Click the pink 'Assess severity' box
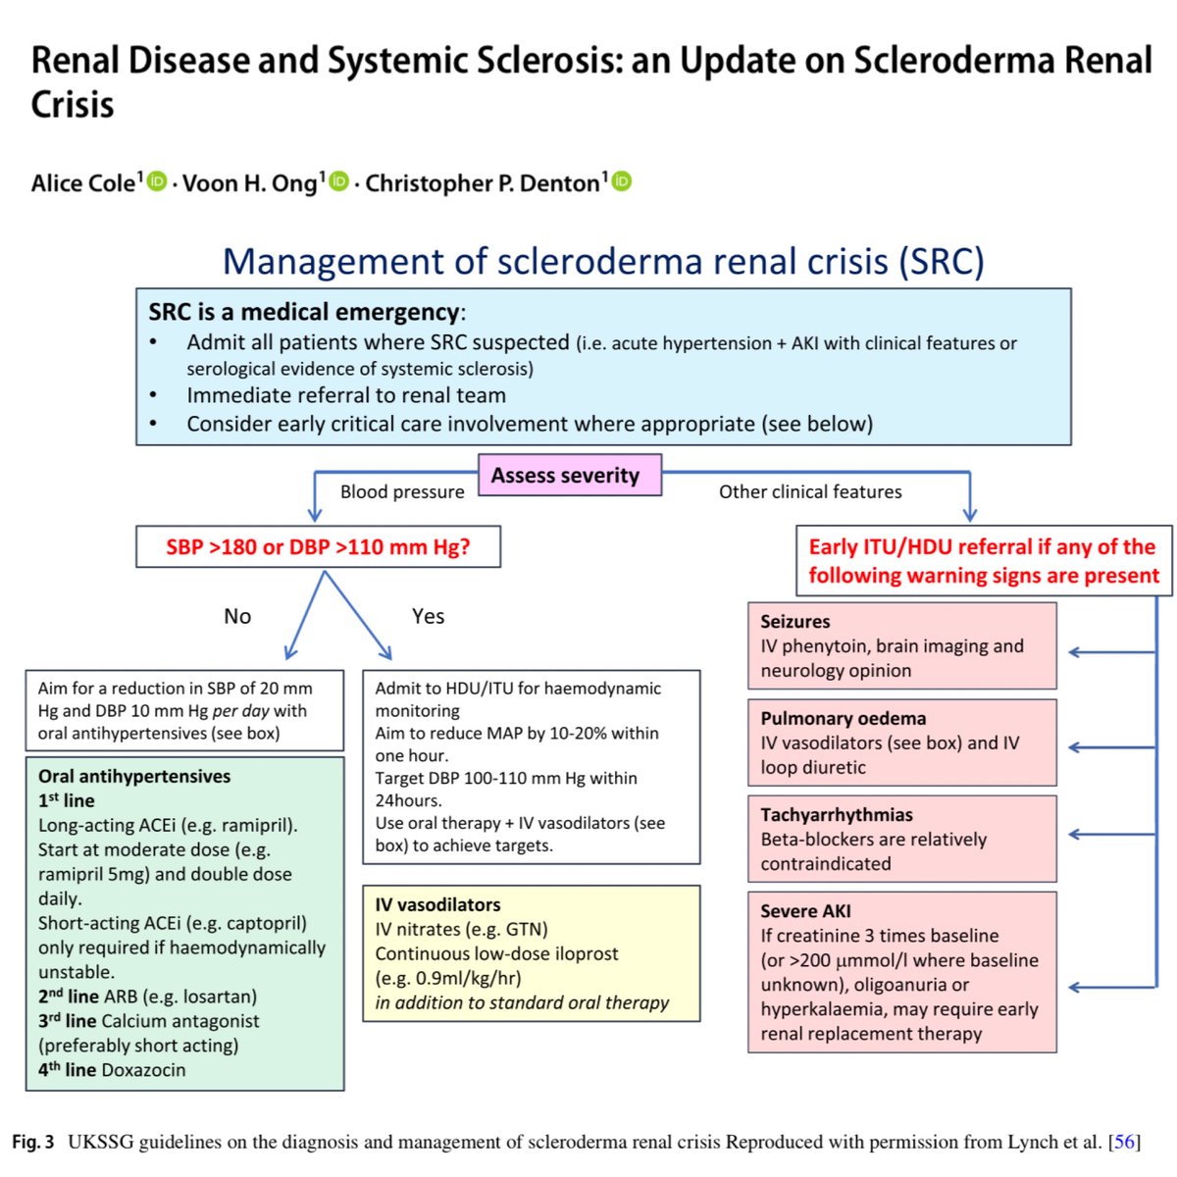point(569,476)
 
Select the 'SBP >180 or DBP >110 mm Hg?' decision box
point(318,547)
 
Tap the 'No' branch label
point(237,616)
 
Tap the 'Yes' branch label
point(428,616)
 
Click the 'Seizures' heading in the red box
point(794,621)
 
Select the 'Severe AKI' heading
point(805,910)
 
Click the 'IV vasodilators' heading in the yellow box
point(437,904)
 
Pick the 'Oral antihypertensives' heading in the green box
point(134,776)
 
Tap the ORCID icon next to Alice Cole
point(157,181)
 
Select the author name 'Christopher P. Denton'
point(483,183)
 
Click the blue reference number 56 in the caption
point(1124,1142)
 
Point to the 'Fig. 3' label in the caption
point(33,1142)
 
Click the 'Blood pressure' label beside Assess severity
point(402,491)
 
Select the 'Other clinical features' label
point(810,491)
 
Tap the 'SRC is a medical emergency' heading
point(304,312)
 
